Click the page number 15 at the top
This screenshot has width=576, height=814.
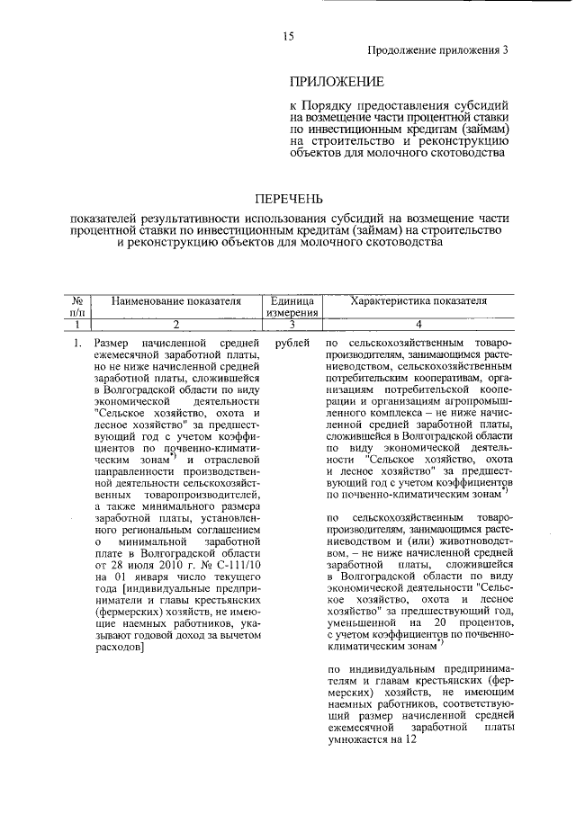[x=289, y=35]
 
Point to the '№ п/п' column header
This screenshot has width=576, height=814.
[x=77, y=306]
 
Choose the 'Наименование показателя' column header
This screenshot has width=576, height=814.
[x=177, y=300]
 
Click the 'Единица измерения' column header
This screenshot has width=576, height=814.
[x=291, y=306]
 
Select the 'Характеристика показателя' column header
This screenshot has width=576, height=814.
[x=418, y=300]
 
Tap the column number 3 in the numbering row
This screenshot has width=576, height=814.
[x=291, y=325]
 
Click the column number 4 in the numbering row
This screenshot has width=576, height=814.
[x=418, y=325]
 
